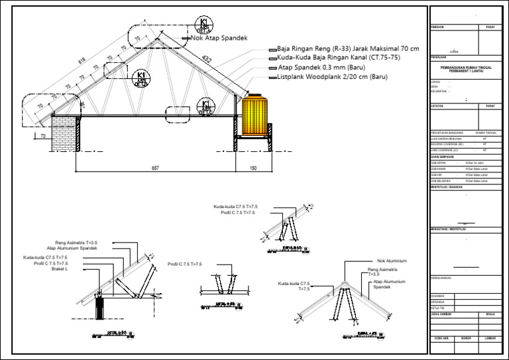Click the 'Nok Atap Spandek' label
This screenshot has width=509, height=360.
click(x=219, y=38)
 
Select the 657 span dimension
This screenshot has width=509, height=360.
click(x=155, y=168)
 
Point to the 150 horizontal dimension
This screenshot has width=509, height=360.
click(x=253, y=168)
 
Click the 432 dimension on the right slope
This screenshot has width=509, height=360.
click(x=207, y=59)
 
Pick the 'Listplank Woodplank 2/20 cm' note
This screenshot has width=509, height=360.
click(x=331, y=77)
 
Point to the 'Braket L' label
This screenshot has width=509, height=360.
click(x=68, y=269)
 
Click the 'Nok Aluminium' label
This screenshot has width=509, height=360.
click(x=392, y=261)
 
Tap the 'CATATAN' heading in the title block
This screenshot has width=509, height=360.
click(x=437, y=106)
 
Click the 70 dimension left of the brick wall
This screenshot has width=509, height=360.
click(x=43, y=136)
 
